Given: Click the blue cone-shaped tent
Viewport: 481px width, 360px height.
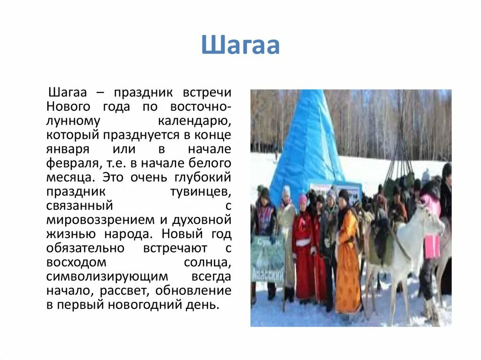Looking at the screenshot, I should (x=308, y=146).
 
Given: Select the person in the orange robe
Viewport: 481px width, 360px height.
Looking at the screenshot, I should (x=348, y=263).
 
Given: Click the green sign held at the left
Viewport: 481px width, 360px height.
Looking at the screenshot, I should (x=267, y=258).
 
